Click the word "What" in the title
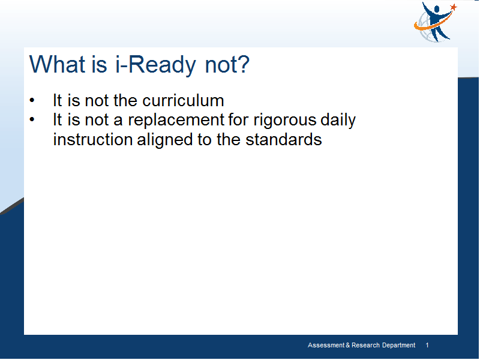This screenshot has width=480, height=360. click(57, 64)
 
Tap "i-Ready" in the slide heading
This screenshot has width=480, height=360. click(155, 65)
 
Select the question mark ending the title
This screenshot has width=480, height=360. click(244, 64)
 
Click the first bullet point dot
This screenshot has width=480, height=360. click(32, 100)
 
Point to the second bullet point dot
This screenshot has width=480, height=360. click(32, 119)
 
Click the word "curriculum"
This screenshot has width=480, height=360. click(183, 100)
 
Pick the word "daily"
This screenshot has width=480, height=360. click(338, 120)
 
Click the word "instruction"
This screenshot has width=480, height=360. click(93, 139)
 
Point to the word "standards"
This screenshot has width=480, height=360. click(283, 139)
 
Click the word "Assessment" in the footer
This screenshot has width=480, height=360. click(326, 346)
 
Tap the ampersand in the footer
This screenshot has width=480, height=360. click(348, 346)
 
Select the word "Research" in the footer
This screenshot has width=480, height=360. click(365, 346)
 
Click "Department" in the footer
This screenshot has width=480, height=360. click(398, 346)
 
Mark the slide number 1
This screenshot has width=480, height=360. click(427, 346)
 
